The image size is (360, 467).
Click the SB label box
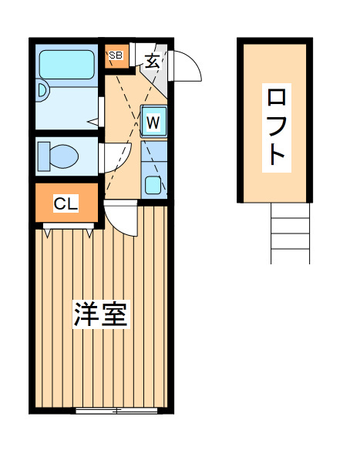(116, 55)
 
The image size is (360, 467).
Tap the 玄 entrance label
(153, 62)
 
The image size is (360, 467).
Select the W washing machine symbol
(153, 122)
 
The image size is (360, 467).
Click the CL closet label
(66, 203)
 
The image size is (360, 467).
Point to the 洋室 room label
(101, 314)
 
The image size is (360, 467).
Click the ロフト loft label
(277, 128)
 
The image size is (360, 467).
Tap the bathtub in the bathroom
(67, 65)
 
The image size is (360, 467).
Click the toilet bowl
(64, 156)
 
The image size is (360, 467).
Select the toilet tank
(44, 156)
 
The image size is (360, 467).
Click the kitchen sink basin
(153, 185)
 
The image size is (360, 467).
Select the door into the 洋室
(120, 218)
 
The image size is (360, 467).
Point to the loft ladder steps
(290, 234)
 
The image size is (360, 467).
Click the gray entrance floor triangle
(155, 72)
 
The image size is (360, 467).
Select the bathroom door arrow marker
(93, 122)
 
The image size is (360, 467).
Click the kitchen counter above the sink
(153, 151)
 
